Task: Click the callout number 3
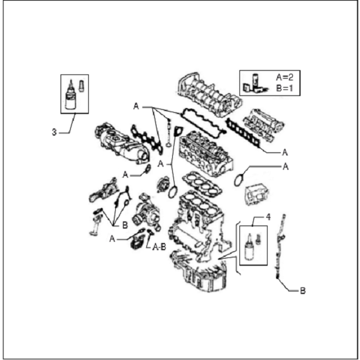[54, 132]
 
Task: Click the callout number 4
[268, 217]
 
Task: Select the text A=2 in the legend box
[284, 77]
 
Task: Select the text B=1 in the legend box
[284, 88]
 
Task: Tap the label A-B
[159, 247]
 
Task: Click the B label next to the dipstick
[303, 291]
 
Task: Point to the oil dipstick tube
[280, 246]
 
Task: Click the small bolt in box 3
[81, 86]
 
